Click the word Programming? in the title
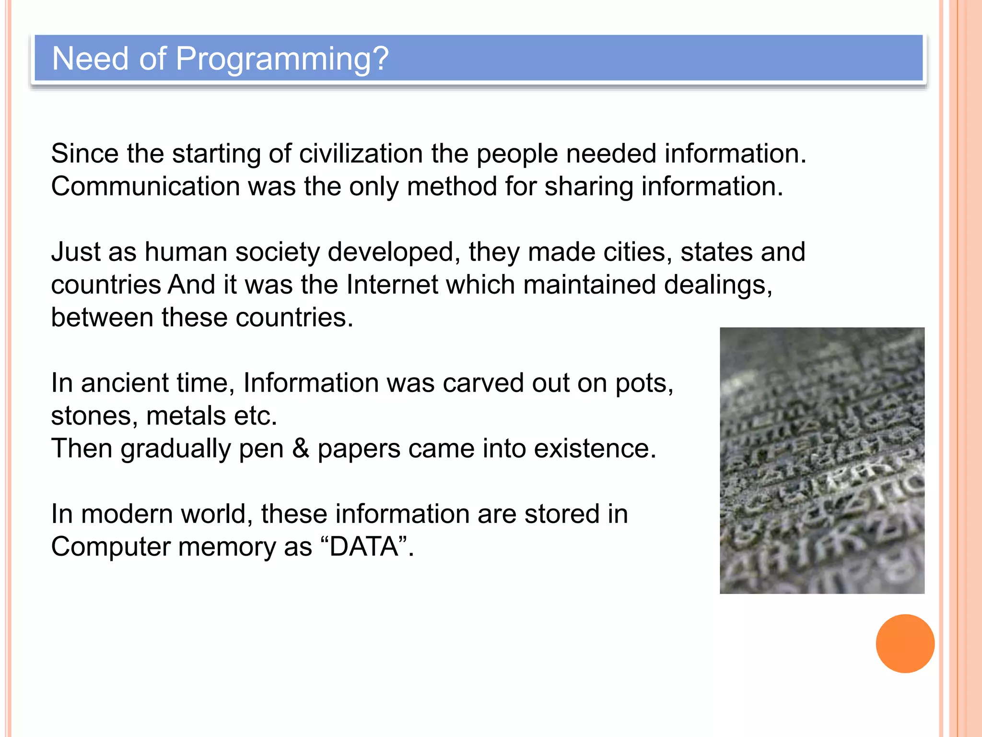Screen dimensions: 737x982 (x=282, y=59)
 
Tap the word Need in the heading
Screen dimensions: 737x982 (x=91, y=59)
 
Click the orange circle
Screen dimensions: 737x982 (x=905, y=643)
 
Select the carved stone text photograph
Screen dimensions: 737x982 (x=822, y=461)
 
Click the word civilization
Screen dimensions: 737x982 (x=361, y=154)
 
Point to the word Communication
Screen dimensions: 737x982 (x=145, y=187)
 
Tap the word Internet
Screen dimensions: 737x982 (x=392, y=285)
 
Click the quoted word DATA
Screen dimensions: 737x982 (x=364, y=547)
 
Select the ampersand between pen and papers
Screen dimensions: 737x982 (x=301, y=449)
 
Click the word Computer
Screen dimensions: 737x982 (x=111, y=547)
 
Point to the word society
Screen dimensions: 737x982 (x=277, y=252)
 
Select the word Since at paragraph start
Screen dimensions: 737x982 (x=84, y=154)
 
